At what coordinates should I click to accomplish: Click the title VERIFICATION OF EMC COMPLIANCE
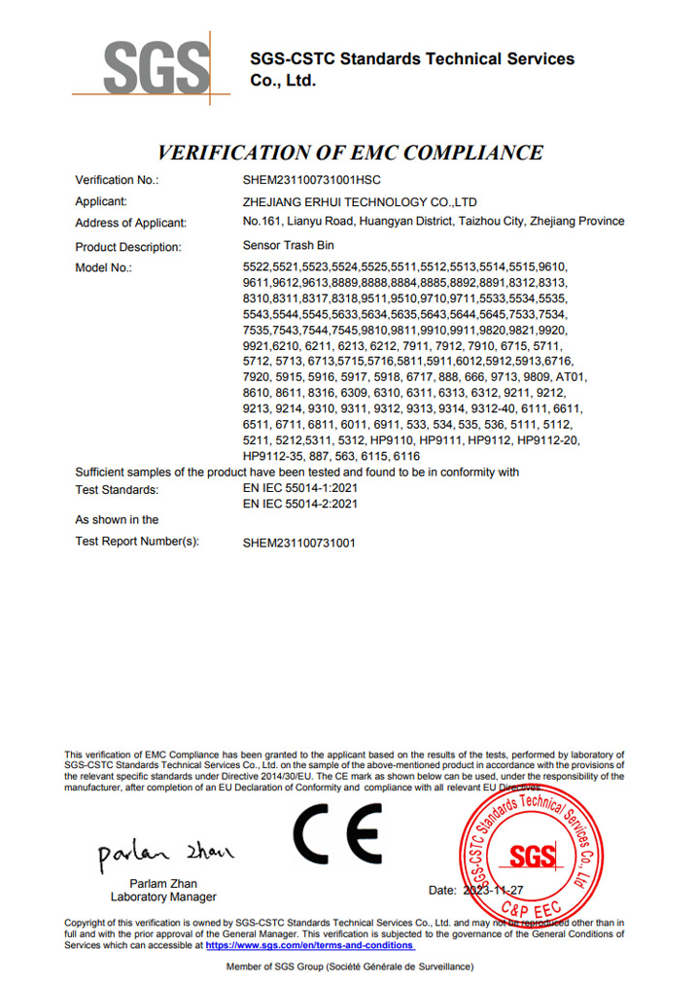(350, 152)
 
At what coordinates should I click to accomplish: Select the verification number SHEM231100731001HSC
(311, 180)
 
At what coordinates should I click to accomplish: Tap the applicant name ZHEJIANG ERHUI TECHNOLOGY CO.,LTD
(360, 201)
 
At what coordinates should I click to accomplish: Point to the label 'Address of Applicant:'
(130, 223)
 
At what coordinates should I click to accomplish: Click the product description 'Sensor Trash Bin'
(288, 246)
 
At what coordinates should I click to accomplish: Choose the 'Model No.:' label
(103, 267)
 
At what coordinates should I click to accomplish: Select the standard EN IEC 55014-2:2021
(300, 504)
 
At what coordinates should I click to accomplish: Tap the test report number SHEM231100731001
(298, 543)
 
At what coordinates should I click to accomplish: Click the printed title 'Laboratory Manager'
(163, 896)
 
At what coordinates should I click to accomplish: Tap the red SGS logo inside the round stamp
(533, 856)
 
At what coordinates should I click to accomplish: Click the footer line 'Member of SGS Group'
(349, 966)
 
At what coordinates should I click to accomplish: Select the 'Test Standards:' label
(117, 490)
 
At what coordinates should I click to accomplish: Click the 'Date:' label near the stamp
(442, 890)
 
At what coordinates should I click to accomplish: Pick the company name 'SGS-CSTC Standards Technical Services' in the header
(412, 59)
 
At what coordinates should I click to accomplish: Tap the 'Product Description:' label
(128, 247)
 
